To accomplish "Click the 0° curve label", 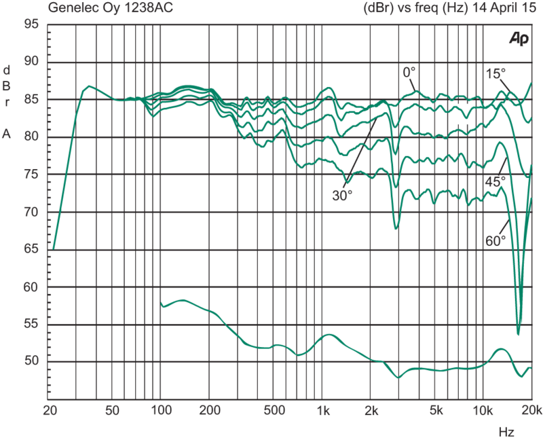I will [x=408, y=71].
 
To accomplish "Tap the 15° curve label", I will [x=495, y=73].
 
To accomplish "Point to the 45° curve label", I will [x=493, y=181].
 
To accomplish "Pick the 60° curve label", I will [x=495, y=240].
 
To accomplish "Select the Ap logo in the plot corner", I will [x=519, y=39].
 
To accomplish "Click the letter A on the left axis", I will [x=7, y=134].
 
